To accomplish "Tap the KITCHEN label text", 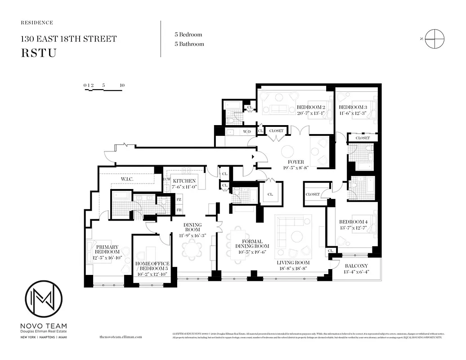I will pyautogui.click(x=184, y=181).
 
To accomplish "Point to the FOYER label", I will pyautogui.click(x=296, y=162).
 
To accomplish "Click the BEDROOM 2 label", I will pyautogui.click(x=311, y=107).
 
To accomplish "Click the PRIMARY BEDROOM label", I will pyautogui.click(x=107, y=249).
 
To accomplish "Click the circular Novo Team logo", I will pyautogui.click(x=44, y=298).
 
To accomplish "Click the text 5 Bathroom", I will pyautogui.click(x=189, y=44).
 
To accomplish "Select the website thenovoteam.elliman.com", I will pyautogui.click(x=120, y=337).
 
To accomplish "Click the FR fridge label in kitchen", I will pyautogui.click(x=179, y=210).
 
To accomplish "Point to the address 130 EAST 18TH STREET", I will pyautogui.click(x=68, y=39).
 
